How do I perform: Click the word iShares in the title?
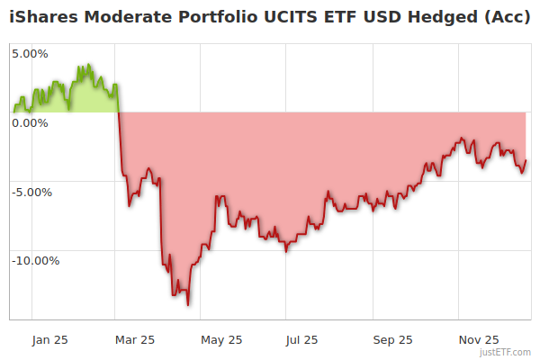42,16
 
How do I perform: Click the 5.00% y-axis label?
30,53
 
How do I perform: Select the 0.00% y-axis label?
30,122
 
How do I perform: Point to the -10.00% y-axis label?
35,261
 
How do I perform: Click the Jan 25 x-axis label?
49,339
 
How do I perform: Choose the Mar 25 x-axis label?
135,339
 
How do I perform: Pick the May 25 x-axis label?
220,339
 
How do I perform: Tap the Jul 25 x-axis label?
301,339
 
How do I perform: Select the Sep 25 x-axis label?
392,339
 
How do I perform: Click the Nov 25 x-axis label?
479,339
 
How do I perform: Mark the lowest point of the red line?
187,305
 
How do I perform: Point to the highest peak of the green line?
88,65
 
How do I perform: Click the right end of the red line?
526,161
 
